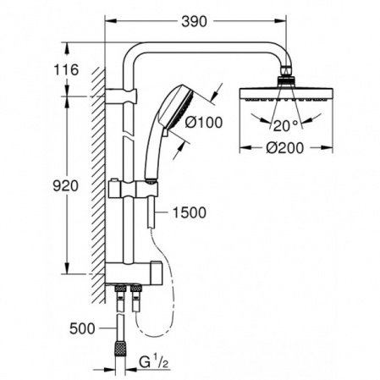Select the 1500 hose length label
point(188,213)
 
